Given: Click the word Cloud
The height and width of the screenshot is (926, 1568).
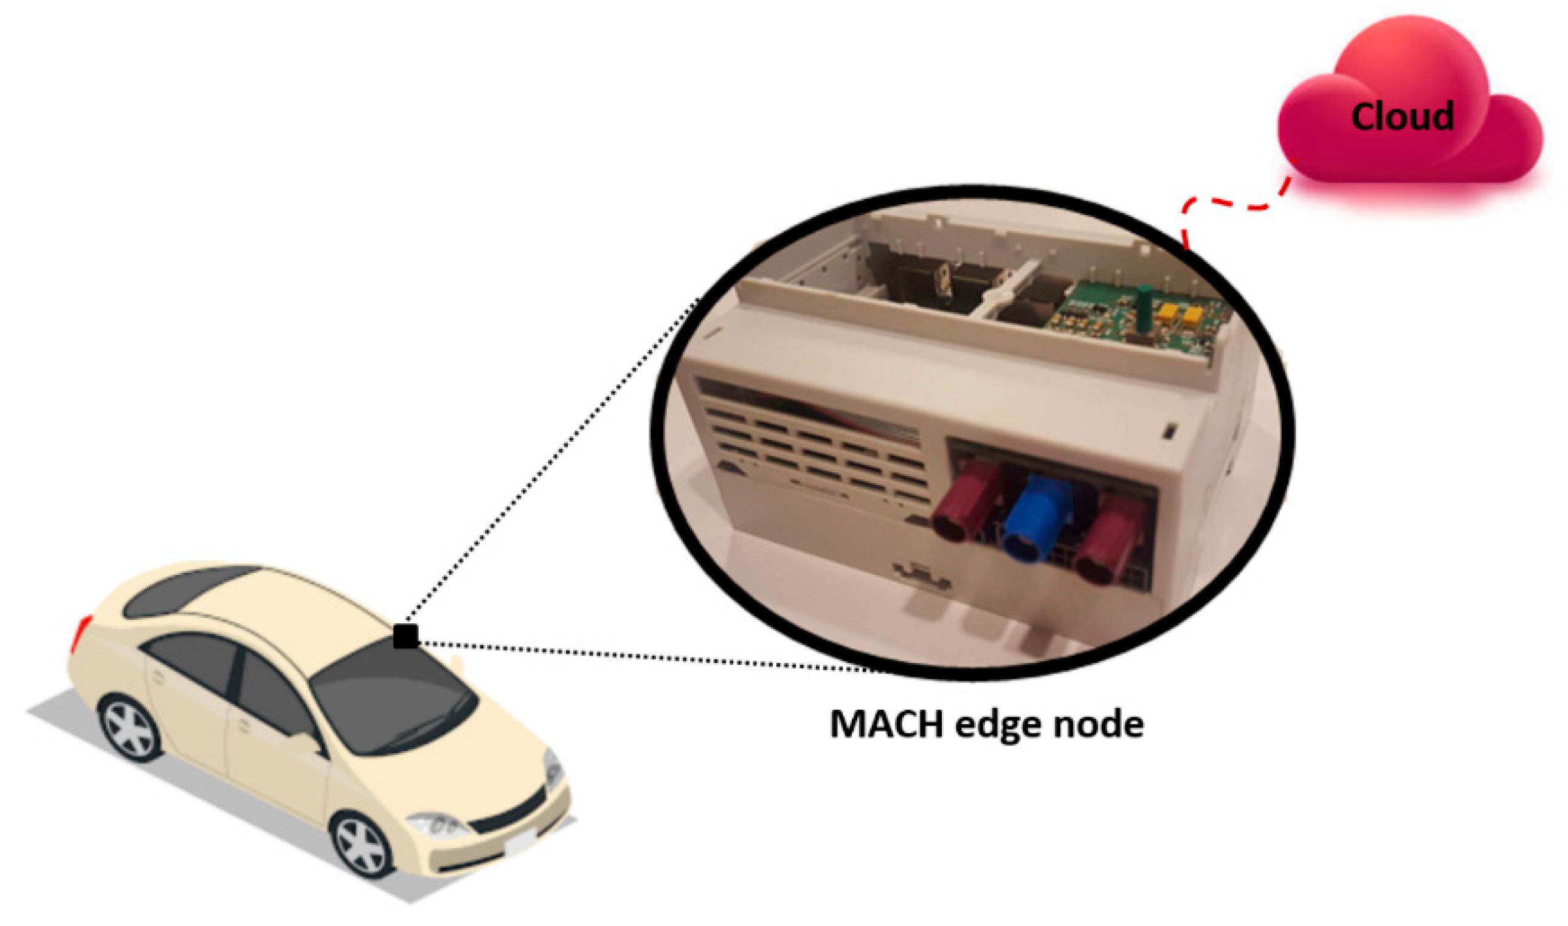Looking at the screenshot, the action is point(1402,117).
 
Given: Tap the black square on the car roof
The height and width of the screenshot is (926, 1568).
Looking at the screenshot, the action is point(406,636).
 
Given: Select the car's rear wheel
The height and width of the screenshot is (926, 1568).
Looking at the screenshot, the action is point(131,727).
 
